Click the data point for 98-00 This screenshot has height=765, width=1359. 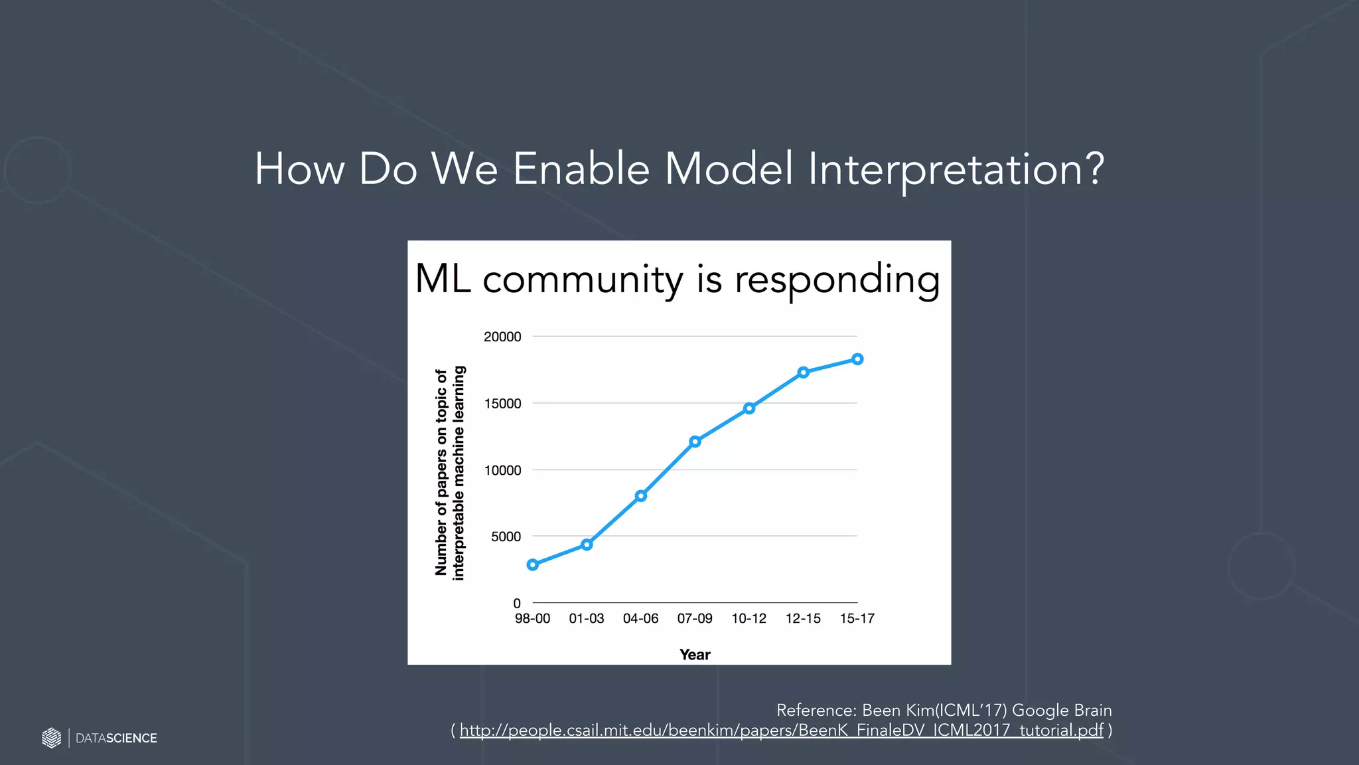coord(532,564)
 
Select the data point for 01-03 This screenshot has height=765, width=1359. coord(587,545)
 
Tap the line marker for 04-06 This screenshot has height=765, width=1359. coord(641,496)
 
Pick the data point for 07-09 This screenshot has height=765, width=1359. coord(695,442)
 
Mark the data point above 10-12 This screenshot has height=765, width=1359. coord(749,408)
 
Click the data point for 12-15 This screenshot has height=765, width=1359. coord(803,373)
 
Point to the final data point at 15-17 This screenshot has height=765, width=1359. coord(857,359)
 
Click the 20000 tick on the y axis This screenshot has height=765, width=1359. coord(502,337)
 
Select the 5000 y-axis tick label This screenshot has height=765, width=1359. coord(506,537)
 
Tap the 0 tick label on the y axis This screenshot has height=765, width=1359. coord(517,604)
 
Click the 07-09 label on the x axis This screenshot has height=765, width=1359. coord(695,619)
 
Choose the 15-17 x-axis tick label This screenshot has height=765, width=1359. coord(857,619)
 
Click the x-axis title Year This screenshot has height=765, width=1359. coord(695,655)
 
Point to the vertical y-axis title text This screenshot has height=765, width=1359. coord(450,473)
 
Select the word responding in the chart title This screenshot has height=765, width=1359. coord(837,280)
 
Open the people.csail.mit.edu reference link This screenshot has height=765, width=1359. coord(781,730)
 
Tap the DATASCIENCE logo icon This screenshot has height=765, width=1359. coord(51,738)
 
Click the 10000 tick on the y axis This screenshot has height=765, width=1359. coord(502,470)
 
